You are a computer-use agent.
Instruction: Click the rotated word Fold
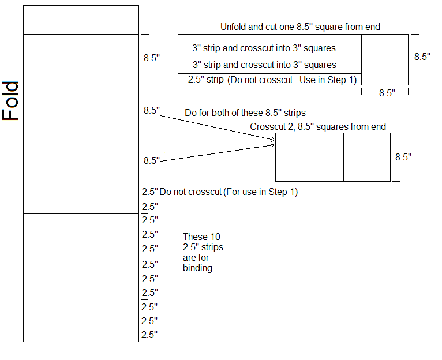pyautogui.click(x=11, y=101)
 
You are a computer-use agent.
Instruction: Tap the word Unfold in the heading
pyautogui.click(x=233, y=27)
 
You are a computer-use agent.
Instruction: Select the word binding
pyautogui.click(x=198, y=268)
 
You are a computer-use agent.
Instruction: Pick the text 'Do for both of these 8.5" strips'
pyautogui.click(x=245, y=112)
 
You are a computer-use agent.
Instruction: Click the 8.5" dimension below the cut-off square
pyautogui.click(x=387, y=93)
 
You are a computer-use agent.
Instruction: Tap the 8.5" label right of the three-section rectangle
pyautogui.click(x=404, y=157)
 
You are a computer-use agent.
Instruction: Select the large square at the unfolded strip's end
pyautogui.click(x=385, y=59)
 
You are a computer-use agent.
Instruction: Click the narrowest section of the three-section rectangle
pyautogui.click(x=286, y=157)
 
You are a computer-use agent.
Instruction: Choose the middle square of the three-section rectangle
pyautogui.click(x=320, y=157)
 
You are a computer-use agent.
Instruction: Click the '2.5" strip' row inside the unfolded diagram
pyautogui.click(x=270, y=80)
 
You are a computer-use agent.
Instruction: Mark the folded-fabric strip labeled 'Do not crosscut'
pyautogui.click(x=81, y=192)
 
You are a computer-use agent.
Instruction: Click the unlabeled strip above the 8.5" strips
pyautogui.click(x=81, y=20)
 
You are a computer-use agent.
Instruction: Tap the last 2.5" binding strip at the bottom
pyautogui.click(x=81, y=335)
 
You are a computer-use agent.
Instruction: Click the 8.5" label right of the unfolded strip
pyautogui.click(x=422, y=57)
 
